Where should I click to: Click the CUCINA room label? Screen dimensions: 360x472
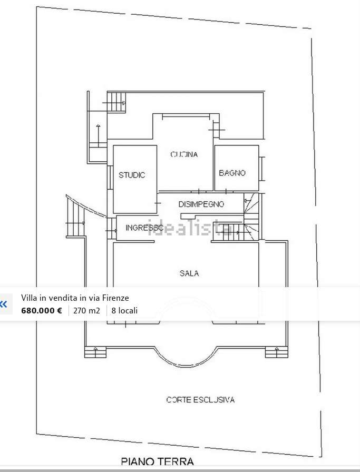pyautogui.click(x=184, y=154)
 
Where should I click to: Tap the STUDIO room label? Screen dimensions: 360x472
pyautogui.click(x=132, y=175)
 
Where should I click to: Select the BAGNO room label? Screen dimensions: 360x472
pyautogui.click(x=232, y=173)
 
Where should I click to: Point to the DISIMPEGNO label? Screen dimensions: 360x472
pyautogui.click(x=201, y=204)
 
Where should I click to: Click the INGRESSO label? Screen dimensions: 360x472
pyautogui.click(x=144, y=228)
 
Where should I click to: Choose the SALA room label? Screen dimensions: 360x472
pyautogui.click(x=189, y=273)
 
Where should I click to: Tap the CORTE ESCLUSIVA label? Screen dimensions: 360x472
pyautogui.click(x=200, y=400)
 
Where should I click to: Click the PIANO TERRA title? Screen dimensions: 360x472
pyautogui.click(x=157, y=461)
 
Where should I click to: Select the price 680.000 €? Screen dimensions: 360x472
pyautogui.click(x=42, y=310)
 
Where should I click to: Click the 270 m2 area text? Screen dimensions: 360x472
pyautogui.click(x=86, y=310)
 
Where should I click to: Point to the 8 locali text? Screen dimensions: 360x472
pyautogui.click(x=124, y=310)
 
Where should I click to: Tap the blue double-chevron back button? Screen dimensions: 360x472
pyautogui.click(x=4, y=304)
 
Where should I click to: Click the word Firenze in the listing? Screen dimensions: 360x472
pyautogui.click(x=115, y=298)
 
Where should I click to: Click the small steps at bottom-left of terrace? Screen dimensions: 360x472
pyautogui.click(x=95, y=352)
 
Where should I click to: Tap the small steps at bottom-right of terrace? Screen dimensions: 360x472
pyautogui.click(x=277, y=352)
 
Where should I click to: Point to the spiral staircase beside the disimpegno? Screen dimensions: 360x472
pyautogui.click(x=251, y=216)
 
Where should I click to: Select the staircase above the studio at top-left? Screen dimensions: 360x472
pyautogui.click(x=116, y=103)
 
